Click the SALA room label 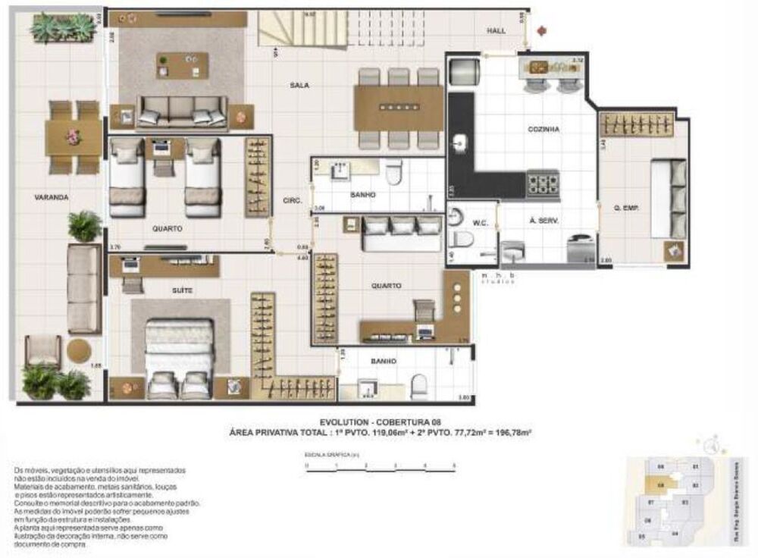pos(298,86)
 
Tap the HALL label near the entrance pos(496,30)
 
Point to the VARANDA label pos(52,197)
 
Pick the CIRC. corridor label pos(293,201)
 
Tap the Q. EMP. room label pos(626,205)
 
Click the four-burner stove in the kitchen pos(543,183)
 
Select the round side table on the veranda pos(79,350)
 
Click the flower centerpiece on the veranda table pos(73,136)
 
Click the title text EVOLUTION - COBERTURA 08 pos(379,422)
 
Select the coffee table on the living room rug pos(182,64)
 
